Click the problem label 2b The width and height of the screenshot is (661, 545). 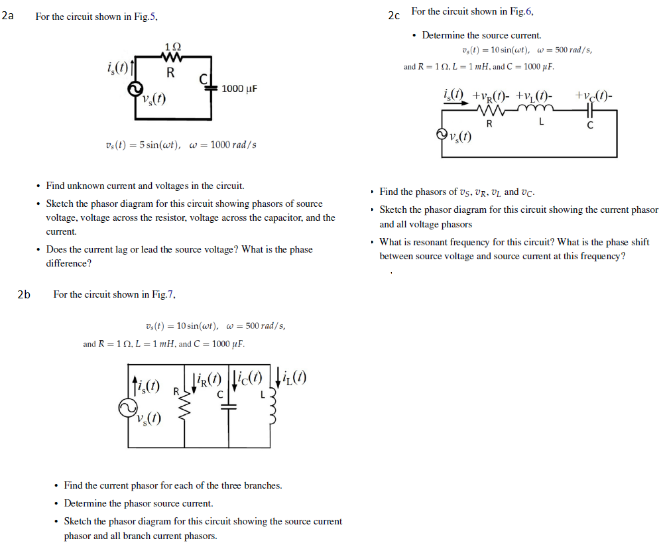pos(25,295)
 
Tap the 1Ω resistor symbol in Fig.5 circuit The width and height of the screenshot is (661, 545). pos(171,58)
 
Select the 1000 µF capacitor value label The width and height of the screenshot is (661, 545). pos(239,89)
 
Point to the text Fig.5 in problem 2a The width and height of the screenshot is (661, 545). pos(145,17)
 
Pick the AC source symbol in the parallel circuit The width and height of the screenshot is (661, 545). pos(128,409)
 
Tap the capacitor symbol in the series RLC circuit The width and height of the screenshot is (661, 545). pos(589,111)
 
